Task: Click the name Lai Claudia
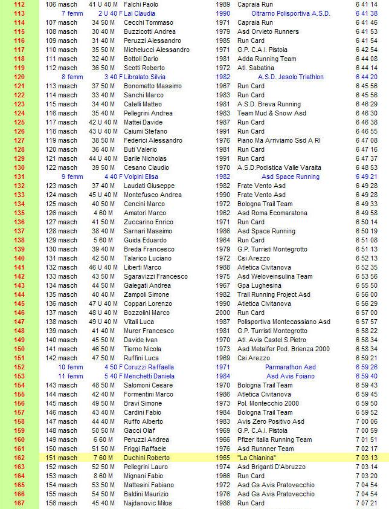click(x=140, y=13)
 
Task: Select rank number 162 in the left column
click(x=19, y=458)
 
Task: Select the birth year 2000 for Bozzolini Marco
click(x=222, y=313)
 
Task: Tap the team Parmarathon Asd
click(x=291, y=367)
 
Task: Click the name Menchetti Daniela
click(x=149, y=376)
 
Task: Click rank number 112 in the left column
click(x=19, y=4)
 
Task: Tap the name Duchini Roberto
click(x=147, y=458)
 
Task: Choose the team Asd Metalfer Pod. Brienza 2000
click(x=283, y=349)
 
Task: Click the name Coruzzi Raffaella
click(x=149, y=367)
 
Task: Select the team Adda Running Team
click(x=266, y=59)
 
